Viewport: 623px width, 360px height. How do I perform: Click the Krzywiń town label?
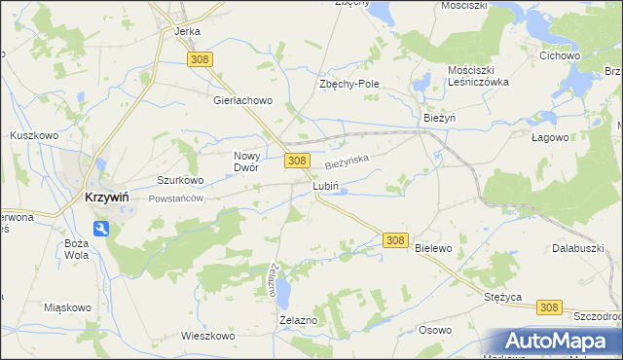click(x=102, y=197)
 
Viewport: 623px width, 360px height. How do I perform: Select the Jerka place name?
click(x=187, y=31)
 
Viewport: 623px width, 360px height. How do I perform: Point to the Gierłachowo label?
click(x=243, y=99)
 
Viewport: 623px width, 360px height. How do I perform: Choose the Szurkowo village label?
click(x=180, y=180)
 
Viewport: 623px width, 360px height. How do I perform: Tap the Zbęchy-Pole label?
click(x=348, y=84)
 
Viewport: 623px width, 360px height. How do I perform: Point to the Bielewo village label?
click(x=433, y=248)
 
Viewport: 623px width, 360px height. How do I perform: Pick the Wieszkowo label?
click(x=208, y=336)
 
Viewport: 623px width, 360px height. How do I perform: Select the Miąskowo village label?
click(x=68, y=307)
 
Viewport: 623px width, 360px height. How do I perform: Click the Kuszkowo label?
click(x=31, y=134)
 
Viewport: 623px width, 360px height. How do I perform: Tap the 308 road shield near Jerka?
click(x=201, y=60)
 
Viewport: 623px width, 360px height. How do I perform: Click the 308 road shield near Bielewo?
click(x=394, y=239)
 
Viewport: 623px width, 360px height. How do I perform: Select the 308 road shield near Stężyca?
click(x=548, y=307)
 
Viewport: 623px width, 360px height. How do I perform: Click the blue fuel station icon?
click(x=101, y=229)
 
